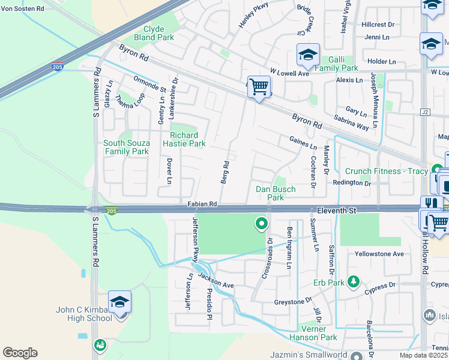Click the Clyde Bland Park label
pos(158,33)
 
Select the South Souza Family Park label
pos(126,147)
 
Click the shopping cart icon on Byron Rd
pos(259,86)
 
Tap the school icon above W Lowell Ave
pos(308,55)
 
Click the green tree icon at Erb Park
pos(354,281)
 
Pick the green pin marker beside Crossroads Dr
pos(261,224)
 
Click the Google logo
pos(20,353)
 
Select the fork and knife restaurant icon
pos(430,205)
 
